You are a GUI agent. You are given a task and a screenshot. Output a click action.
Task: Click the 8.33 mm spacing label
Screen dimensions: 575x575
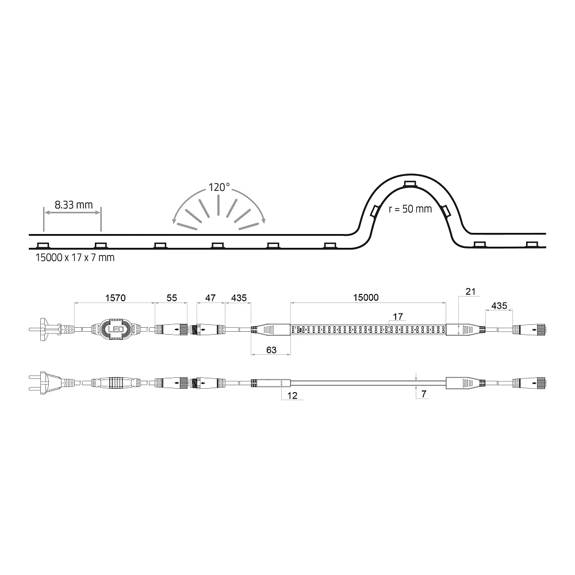coord(74,205)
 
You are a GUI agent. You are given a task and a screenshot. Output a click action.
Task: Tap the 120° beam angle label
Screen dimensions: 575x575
coord(219,187)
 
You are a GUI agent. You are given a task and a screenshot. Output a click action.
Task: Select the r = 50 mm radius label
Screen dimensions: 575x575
coord(411,209)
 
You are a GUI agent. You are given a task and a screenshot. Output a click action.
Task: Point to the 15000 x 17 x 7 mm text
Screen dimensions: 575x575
coord(75,258)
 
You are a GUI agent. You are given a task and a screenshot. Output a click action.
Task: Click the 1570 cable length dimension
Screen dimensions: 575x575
coord(115,298)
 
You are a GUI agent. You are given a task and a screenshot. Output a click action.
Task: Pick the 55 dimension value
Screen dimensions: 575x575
coord(171,298)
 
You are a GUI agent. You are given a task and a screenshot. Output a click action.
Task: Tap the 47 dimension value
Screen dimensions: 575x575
coord(210,298)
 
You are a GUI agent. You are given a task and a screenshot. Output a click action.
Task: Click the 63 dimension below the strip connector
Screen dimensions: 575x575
coord(271,350)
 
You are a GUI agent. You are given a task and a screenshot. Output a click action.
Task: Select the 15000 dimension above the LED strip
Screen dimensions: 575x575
coord(366,297)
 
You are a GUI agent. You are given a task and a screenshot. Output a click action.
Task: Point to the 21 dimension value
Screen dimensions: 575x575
coord(470,292)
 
